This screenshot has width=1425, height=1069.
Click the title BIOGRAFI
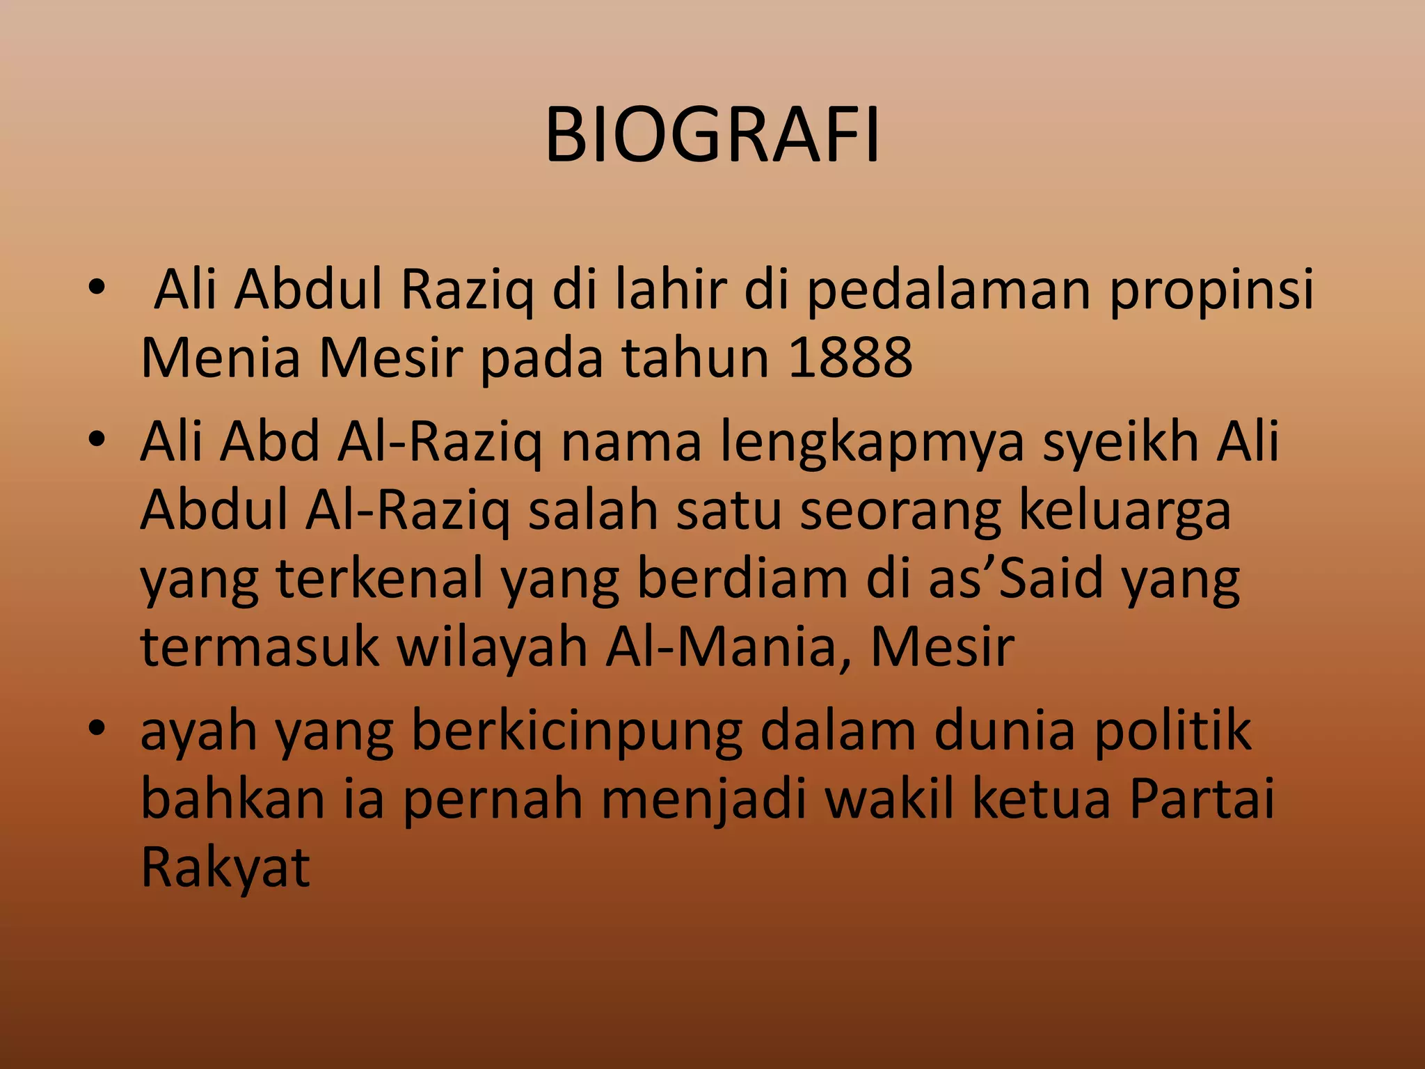pos(712,136)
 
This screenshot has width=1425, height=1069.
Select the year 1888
pos(850,358)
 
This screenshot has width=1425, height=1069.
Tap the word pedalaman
pos(948,290)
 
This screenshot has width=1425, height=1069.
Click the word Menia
pos(221,358)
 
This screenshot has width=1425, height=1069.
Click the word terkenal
pos(380,579)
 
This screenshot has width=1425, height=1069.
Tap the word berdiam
pos(742,579)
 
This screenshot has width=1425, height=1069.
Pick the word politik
pos(1172,734)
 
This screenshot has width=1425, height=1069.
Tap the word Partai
pos(1202,799)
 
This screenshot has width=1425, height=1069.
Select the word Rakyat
pos(225,869)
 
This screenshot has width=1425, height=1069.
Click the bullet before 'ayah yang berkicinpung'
pos(97,728)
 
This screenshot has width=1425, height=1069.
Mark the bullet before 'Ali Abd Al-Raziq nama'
pos(97,438)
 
